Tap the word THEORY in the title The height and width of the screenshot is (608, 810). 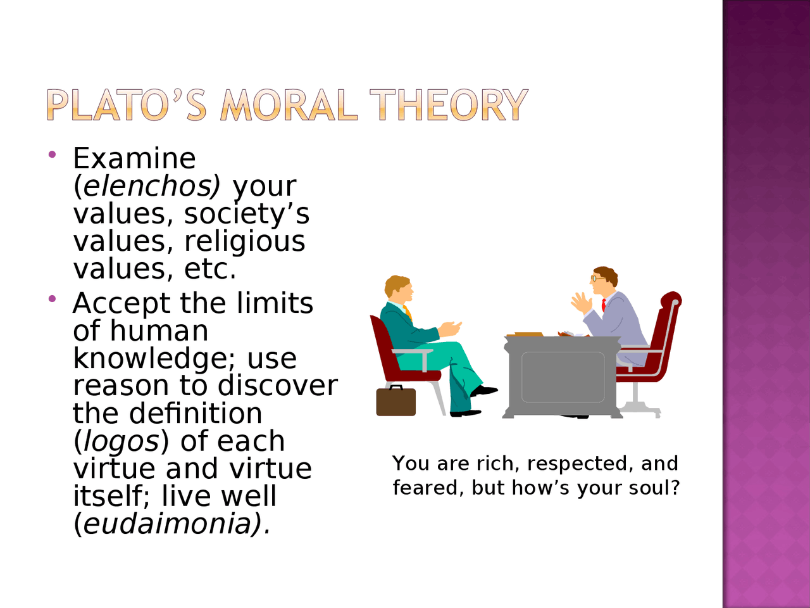pos(449,105)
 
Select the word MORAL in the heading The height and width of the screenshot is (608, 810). pos(289,105)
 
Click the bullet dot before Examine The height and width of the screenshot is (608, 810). pos(52,155)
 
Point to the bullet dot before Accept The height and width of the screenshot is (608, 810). pos(52,299)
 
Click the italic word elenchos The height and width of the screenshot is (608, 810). pos(147,186)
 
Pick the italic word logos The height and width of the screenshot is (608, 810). pos(121,441)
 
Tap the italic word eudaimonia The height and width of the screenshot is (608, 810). pos(167,524)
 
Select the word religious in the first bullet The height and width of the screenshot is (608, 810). pos(245,242)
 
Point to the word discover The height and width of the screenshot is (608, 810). pos(278,386)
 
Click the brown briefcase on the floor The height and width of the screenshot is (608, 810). pos(396,401)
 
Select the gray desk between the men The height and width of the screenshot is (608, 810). pos(563,377)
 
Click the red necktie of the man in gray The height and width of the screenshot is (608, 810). pos(604,305)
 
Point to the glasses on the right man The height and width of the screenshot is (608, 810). pos(595,278)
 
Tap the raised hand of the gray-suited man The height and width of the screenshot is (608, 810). pos(581,302)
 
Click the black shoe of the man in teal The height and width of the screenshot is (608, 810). pos(484,391)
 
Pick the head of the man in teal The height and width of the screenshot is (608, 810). pos(399,289)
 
